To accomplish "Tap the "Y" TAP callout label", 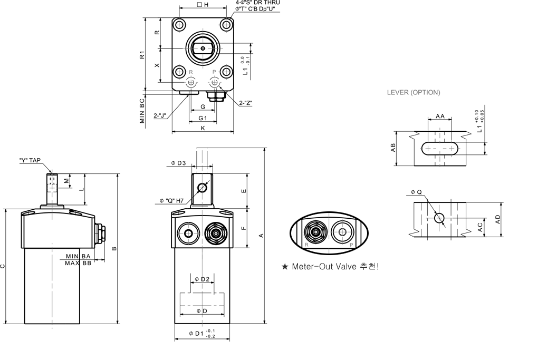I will (x=30, y=160).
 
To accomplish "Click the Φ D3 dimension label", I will (x=178, y=163).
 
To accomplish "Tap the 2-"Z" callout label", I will (x=245, y=103).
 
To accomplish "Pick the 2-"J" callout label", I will (x=160, y=116).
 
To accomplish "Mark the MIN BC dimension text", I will (x=142, y=110).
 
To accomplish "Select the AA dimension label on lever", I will (x=439, y=116).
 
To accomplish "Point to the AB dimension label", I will (x=392, y=149).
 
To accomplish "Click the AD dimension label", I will (x=497, y=219).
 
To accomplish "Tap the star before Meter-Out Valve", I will (x=285, y=266).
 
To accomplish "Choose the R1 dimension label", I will (x=142, y=55).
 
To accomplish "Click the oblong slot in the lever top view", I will (x=439, y=149).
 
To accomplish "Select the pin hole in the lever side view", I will (x=439, y=218).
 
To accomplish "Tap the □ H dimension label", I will (x=202, y=4).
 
